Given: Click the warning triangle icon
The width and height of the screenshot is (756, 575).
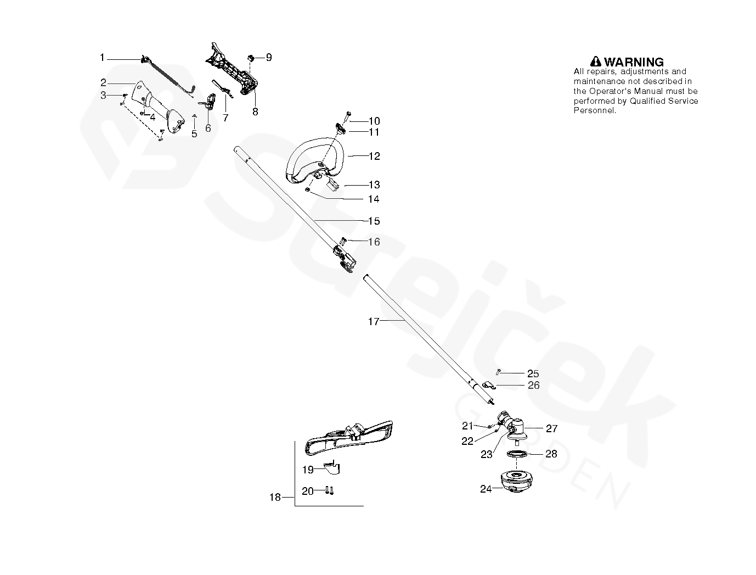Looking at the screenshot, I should point(596,62).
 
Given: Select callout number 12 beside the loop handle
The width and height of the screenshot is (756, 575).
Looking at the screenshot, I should point(374,157).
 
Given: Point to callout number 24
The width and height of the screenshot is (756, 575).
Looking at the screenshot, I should point(486,489).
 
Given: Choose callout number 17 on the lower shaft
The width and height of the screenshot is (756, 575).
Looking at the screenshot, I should point(373,322).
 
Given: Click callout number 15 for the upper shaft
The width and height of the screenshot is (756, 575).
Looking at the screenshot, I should point(374,221).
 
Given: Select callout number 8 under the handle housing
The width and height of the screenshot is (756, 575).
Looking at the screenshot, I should point(255,111).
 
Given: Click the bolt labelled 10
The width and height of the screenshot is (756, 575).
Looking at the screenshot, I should point(348,117).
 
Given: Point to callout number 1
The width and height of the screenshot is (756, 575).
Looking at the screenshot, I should point(102,57).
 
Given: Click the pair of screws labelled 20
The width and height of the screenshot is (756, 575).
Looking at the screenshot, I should point(330,489).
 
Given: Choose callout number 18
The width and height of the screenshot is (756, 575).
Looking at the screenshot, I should point(275,498).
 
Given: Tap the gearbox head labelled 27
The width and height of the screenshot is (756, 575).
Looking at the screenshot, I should point(516,428).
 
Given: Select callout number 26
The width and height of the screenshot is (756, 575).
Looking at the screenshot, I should point(533,386).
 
